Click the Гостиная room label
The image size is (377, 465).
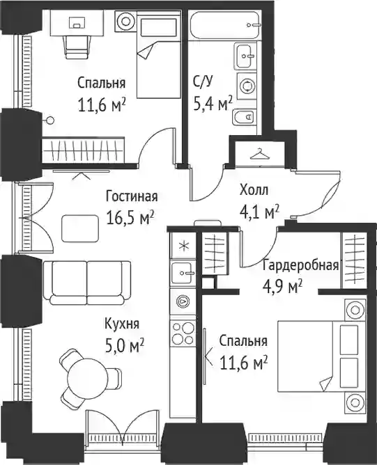132,196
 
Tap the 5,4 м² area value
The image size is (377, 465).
213,104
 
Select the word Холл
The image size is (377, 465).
254,190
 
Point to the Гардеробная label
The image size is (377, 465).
300,265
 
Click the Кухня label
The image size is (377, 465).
122,324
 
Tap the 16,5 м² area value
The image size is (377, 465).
130,219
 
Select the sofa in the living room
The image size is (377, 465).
86,283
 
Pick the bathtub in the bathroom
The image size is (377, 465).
226,25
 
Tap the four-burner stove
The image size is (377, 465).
183,333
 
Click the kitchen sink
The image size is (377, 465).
183,272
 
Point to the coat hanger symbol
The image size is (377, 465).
259,154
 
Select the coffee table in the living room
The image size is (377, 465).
80,228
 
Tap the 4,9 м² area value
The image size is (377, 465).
282,287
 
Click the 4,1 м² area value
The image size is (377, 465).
259,212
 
